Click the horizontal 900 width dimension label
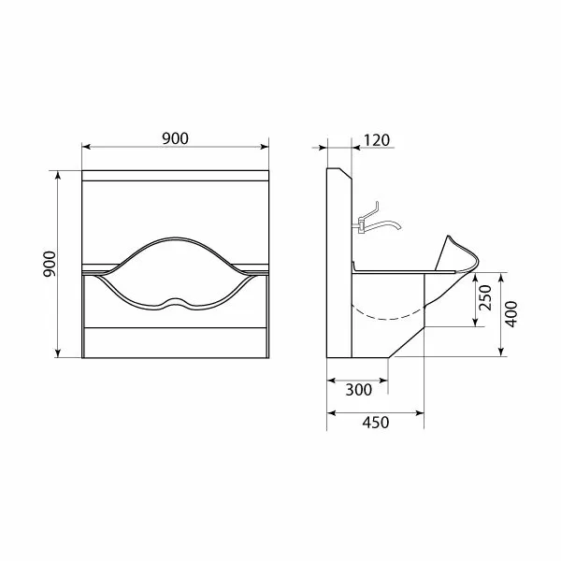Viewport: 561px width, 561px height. tap(175, 138)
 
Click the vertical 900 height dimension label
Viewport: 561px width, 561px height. tap(50, 264)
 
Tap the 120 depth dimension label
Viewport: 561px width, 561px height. tap(377, 140)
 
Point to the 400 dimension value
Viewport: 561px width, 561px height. tap(511, 314)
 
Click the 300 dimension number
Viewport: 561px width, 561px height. tap(359, 390)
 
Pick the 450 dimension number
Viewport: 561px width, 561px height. tap(376, 423)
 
